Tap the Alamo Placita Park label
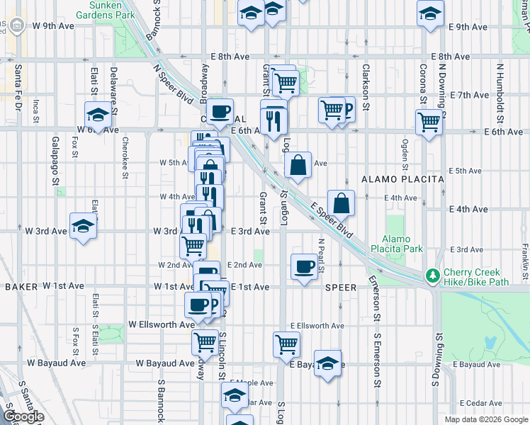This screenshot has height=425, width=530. coord(402,244)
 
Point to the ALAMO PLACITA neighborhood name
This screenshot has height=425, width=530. coord(402,179)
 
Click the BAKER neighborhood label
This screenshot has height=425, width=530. coord(20,287)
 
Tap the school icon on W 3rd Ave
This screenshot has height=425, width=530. coord(84,226)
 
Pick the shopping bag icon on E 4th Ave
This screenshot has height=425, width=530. coord(342,202)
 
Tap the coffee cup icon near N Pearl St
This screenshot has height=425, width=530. coord(305,266)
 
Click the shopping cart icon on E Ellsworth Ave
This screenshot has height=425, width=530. coord(286,344)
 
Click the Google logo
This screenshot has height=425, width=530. coord(23,416)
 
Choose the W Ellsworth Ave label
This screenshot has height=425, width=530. coord(162,324)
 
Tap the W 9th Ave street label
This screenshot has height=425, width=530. coord(53,26)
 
